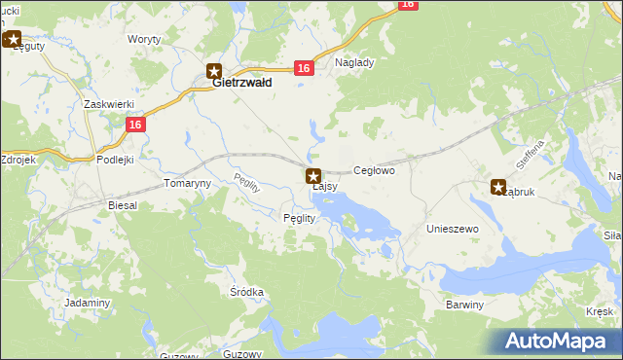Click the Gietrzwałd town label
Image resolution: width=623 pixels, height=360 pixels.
coord(242,84)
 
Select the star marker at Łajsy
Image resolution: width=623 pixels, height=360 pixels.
coord(313,176)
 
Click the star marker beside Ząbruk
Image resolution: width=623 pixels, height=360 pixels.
coord(498,187)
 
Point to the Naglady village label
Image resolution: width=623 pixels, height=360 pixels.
coord(354,62)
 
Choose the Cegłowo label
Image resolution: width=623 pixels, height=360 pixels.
coord(374,170)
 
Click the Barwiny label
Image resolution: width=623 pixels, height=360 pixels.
coord(464,305)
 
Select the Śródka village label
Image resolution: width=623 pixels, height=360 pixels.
coord(247,292)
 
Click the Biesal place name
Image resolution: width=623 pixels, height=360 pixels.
coord(123,206)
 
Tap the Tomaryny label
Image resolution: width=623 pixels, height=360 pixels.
coord(187,183)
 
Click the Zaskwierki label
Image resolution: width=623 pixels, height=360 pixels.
coord(108,104)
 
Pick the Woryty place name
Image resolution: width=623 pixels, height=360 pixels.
coord(145,40)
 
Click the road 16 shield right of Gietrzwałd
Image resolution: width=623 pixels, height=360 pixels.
coord(305,67)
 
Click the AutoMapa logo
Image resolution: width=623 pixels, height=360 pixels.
coord(555,340)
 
